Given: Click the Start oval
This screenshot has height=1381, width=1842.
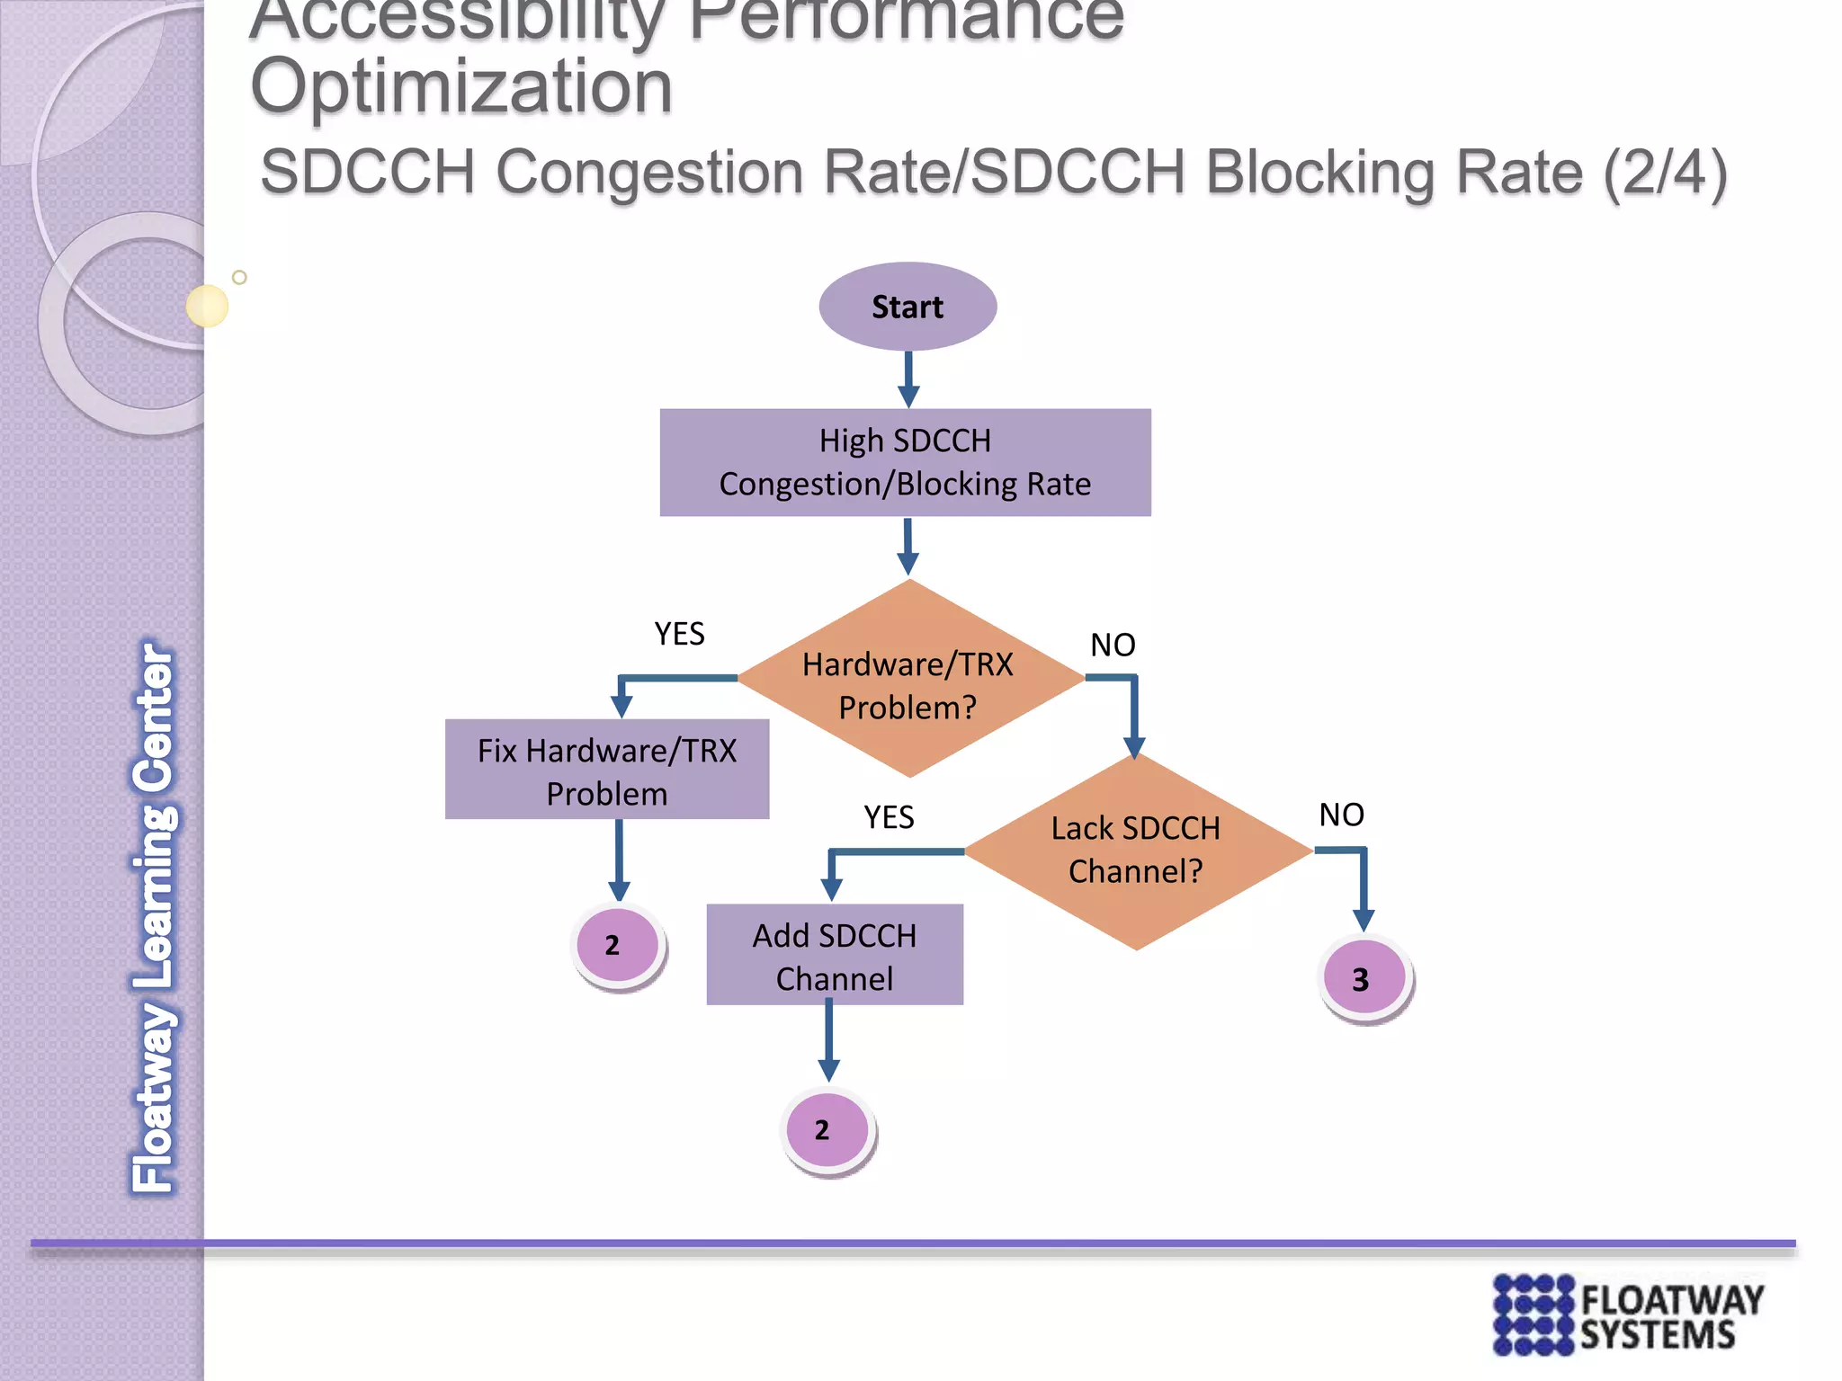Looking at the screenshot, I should click(908, 307).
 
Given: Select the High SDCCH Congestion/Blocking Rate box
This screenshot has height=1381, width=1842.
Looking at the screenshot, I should click(905, 462).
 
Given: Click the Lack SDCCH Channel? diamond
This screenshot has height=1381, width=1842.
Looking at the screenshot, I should click(1136, 850).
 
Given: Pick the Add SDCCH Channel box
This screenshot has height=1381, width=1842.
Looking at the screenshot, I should click(835, 955).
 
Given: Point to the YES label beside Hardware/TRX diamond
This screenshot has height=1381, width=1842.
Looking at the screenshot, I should click(679, 634).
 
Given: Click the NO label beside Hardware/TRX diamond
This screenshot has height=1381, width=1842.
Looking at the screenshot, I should click(1113, 645).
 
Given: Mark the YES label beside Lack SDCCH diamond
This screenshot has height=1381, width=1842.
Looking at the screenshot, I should click(889, 817).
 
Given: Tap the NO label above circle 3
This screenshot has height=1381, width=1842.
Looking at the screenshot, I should click(1341, 815).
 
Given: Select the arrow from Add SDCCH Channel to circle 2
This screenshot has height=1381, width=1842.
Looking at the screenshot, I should click(828, 1043).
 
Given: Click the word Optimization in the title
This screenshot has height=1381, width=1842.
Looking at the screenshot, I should click(461, 87).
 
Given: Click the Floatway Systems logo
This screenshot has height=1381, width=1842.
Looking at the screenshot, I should click(1628, 1314).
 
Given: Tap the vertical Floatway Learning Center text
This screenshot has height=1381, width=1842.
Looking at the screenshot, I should click(154, 917).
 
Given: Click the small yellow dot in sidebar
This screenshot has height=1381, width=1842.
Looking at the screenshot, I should click(207, 306).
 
